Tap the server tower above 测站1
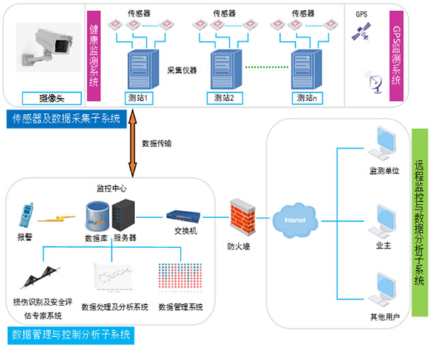(x=140, y=67)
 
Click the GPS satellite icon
(x=361, y=31)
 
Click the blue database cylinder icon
(x=96, y=215)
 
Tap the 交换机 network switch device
(x=182, y=217)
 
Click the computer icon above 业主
(x=382, y=220)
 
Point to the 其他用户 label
(x=382, y=317)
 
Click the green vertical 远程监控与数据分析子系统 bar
(x=420, y=222)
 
